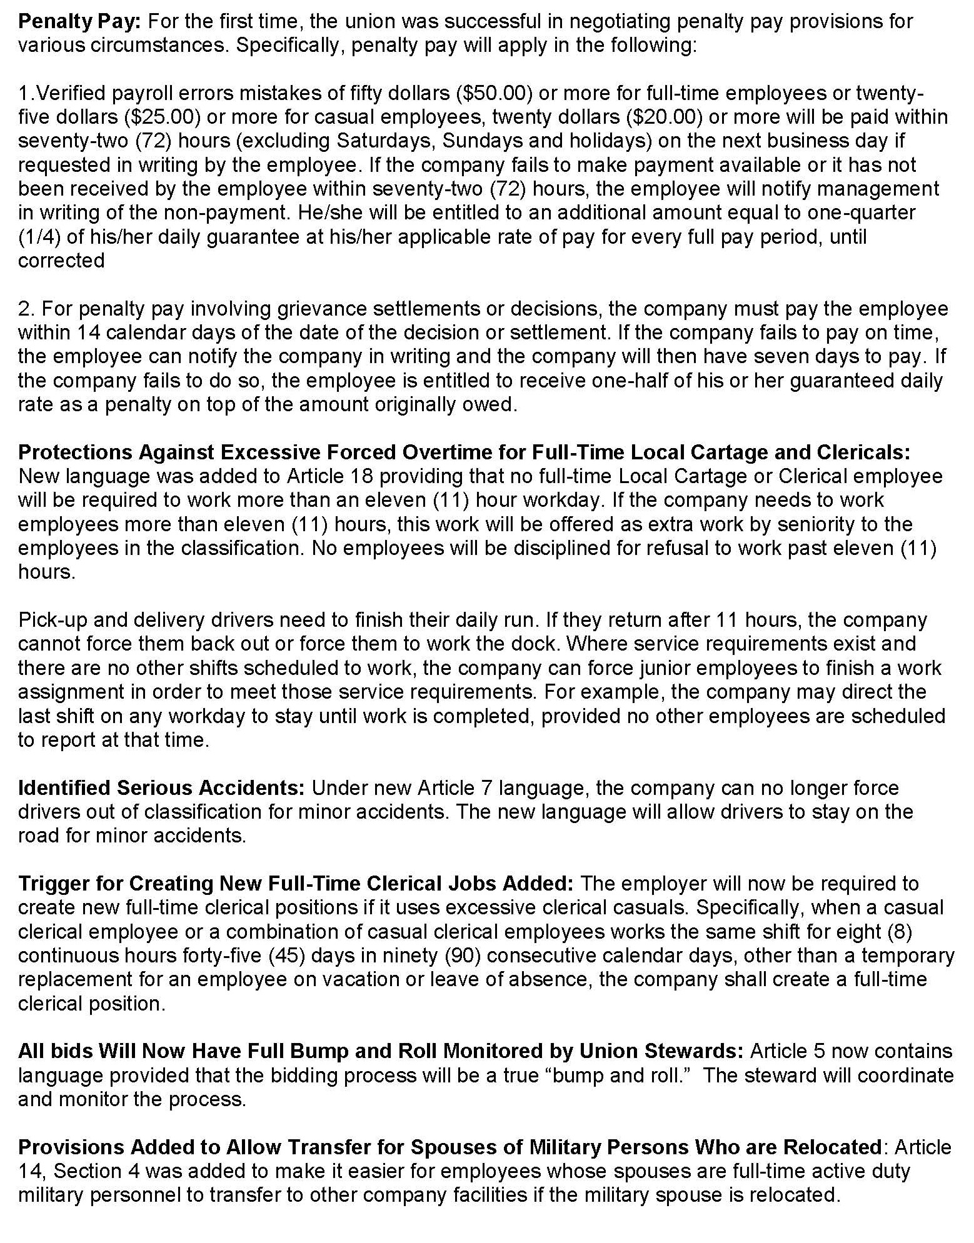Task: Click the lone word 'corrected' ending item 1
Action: coord(61,261)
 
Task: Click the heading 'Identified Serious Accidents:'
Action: coord(161,789)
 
